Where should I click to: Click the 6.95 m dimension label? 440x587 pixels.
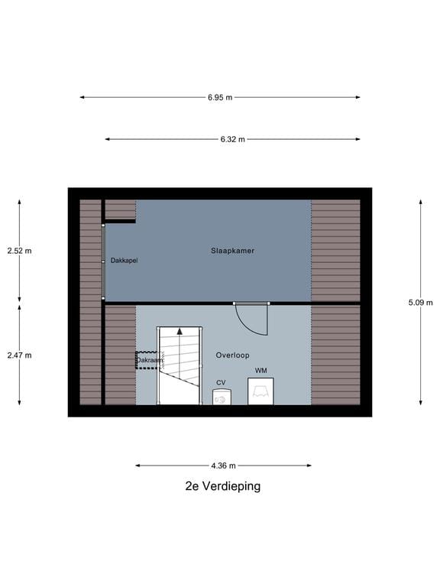[219, 97]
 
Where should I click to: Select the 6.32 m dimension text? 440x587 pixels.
[232, 139]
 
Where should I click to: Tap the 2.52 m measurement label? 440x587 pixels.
[19, 251]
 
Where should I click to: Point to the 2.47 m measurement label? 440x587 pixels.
[19, 355]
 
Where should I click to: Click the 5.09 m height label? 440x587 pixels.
[420, 302]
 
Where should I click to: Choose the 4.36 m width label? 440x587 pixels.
[223, 465]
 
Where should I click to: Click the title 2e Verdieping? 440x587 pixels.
[222, 486]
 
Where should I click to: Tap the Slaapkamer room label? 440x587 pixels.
[233, 251]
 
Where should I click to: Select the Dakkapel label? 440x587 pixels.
[124, 261]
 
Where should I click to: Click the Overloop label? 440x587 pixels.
[232, 355]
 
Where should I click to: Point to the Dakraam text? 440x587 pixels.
[149, 360]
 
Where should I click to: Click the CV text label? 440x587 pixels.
[221, 382]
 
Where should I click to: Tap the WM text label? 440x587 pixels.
[261, 371]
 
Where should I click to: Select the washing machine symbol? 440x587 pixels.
[260, 391]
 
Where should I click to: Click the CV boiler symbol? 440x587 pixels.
[222, 397]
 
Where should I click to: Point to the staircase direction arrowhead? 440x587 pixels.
[180, 332]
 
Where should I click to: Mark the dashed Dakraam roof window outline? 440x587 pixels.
[147, 361]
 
